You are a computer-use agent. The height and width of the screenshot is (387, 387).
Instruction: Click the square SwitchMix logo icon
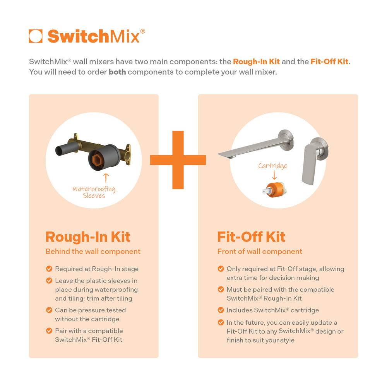tap(36, 36)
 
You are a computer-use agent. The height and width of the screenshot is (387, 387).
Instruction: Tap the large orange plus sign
tap(178, 160)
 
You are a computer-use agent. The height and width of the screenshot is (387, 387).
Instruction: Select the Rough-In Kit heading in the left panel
tap(88, 237)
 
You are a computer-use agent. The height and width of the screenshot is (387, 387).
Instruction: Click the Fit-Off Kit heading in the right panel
tap(251, 237)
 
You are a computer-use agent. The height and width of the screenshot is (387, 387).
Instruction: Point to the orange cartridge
tap(274, 190)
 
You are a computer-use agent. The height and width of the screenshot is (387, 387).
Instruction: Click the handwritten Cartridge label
tap(273, 166)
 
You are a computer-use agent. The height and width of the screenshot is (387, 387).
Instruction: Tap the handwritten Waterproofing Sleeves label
tap(94, 192)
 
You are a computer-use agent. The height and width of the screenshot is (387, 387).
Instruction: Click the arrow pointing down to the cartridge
tap(274, 175)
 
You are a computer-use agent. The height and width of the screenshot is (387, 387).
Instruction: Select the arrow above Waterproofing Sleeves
tap(106, 178)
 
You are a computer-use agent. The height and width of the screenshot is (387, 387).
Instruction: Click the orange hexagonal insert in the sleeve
tap(96, 159)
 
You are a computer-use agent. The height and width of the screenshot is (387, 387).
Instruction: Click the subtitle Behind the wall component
tap(93, 252)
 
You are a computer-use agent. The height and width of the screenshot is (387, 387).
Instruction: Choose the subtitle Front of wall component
tap(260, 252)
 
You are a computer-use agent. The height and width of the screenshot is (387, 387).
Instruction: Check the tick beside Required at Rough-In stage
tap(49, 269)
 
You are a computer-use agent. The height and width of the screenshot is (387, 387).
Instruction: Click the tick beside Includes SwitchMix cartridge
tap(221, 310)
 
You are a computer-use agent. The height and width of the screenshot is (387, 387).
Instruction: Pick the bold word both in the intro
tap(117, 72)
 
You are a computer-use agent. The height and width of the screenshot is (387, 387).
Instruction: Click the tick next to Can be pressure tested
tap(49, 310)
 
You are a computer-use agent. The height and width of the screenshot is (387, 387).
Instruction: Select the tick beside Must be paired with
tap(221, 289)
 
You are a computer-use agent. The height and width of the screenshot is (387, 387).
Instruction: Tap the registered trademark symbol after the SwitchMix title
tap(143, 31)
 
